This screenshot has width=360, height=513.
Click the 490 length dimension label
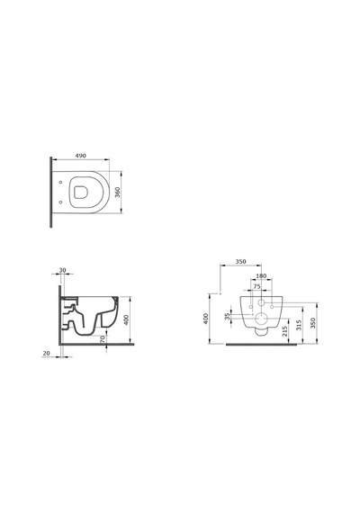[80, 156]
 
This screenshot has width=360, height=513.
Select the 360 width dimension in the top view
[118, 192]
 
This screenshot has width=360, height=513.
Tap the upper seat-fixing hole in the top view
[60, 182]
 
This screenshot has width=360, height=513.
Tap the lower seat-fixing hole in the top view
[60, 202]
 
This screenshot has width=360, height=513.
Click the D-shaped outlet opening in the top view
[80, 192]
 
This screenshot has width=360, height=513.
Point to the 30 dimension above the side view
[62, 270]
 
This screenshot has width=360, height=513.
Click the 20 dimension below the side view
[47, 354]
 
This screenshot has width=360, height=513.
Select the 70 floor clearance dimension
[103, 338]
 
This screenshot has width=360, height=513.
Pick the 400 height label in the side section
[127, 319]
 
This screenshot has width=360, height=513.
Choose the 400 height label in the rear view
[205, 319]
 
